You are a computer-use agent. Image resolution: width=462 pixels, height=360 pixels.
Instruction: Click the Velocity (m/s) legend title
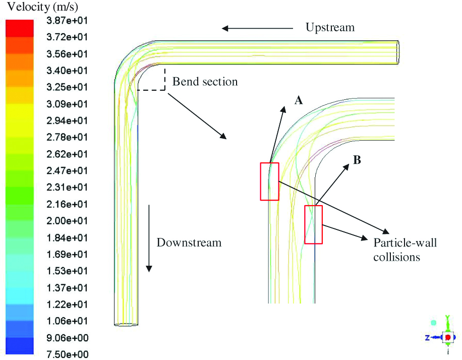pos(42,7)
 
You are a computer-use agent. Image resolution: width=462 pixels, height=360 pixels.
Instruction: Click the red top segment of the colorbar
pos(19,27)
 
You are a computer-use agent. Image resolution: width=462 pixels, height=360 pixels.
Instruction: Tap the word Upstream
pos(330,27)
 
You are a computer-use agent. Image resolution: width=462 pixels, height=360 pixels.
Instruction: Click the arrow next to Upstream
pos(257,28)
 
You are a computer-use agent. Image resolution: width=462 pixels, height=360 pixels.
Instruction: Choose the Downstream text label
pos(189,243)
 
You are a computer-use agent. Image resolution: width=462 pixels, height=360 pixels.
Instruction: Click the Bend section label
pos(205,81)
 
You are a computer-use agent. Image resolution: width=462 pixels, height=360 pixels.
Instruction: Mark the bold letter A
pos(299,101)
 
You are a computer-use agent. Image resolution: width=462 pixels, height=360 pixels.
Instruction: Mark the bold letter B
pos(357,160)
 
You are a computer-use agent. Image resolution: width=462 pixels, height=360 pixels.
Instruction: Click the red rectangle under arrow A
pos(269,182)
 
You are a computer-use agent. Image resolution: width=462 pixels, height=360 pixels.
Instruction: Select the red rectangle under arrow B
pos(313,225)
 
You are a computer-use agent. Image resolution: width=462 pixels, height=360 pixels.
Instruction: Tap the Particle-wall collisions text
pos(405,250)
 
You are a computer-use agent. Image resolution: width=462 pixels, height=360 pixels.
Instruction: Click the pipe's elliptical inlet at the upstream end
pos(398,52)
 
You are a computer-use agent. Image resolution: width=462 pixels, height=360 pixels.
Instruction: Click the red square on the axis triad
pos(447,336)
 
